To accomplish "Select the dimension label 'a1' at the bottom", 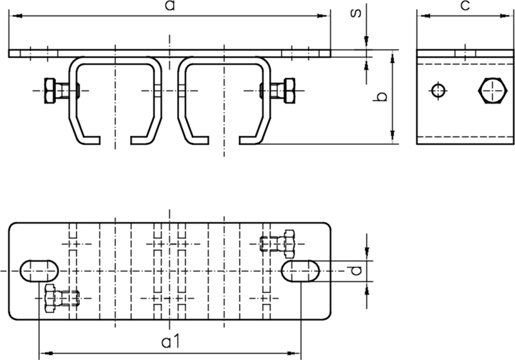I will click(170, 341).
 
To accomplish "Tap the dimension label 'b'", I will click(381, 97).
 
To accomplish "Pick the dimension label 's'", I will click(355, 13).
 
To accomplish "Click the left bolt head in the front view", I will click(50, 91).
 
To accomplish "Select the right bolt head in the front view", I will click(289, 91).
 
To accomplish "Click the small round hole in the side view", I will click(438, 91).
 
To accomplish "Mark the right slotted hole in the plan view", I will click(302, 270).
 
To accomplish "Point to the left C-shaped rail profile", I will click(116, 100).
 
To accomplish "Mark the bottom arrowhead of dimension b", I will click(392, 138).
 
